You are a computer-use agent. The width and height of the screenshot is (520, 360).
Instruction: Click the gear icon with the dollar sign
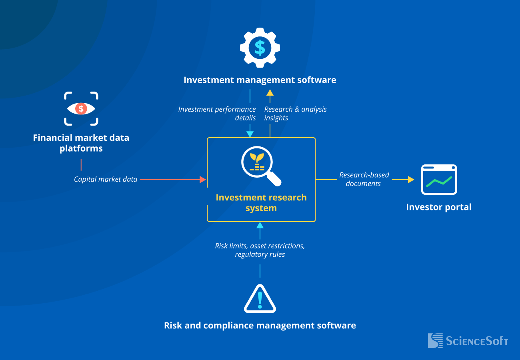(x=260, y=48)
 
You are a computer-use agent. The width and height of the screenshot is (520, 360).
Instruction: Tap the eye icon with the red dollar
(x=81, y=108)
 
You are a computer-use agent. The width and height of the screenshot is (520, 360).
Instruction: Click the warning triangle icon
(x=260, y=299)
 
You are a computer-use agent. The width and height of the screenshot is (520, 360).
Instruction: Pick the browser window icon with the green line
(x=439, y=180)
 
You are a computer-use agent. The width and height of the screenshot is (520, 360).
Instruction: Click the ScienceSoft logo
(x=468, y=341)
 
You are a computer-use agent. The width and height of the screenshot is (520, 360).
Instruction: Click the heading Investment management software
(x=260, y=80)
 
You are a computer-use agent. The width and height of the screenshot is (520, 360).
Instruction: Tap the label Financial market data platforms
(x=81, y=143)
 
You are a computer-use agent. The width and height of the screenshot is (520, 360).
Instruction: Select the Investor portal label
(x=439, y=207)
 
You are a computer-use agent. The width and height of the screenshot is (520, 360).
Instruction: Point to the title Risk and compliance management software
(x=260, y=325)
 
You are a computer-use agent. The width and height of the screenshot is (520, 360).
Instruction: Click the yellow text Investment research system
(x=261, y=203)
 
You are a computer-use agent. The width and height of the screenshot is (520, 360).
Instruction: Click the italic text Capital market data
(x=106, y=179)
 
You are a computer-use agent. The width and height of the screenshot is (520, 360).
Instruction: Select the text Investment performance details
(x=217, y=113)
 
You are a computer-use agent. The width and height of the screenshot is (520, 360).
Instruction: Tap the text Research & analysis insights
(x=295, y=113)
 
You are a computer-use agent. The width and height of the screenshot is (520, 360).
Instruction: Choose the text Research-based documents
(x=364, y=179)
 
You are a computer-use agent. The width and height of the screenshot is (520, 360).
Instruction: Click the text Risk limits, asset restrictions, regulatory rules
(x=260, y=250)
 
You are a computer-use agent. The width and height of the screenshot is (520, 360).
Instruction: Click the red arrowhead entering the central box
(x=203, y=180)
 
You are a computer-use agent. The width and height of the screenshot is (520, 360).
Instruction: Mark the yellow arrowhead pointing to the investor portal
(x=411, y=180)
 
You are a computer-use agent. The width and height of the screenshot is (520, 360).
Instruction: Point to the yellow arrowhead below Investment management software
(x=270, y=93)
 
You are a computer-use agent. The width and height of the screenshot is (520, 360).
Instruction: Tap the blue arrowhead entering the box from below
(x=260, y=225)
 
